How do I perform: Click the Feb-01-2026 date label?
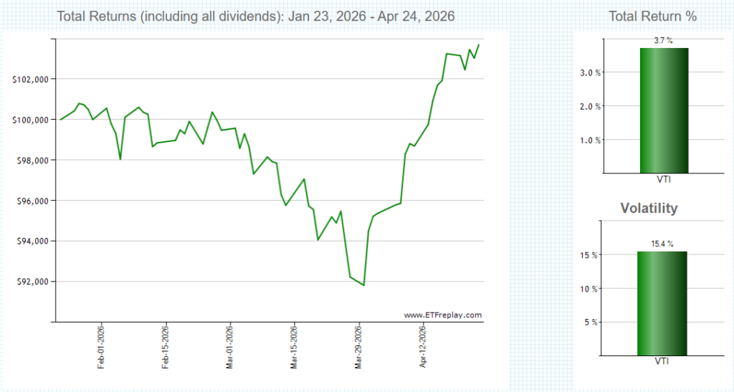(102, 347)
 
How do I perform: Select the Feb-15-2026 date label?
(166, 347)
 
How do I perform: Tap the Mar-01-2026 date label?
(230, 347)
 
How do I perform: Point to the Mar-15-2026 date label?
(294, 347)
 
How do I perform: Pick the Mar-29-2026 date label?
(358, 347)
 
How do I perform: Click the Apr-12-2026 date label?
(423, 347)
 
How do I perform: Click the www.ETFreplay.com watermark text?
(442, 315)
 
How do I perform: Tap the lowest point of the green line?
(363, 285)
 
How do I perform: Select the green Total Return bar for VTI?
(663, 110)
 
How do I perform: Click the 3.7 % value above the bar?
(663, 42)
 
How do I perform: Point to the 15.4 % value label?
(662, 244)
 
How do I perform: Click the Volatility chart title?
(648, 209)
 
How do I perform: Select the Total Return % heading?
(652, 16)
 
